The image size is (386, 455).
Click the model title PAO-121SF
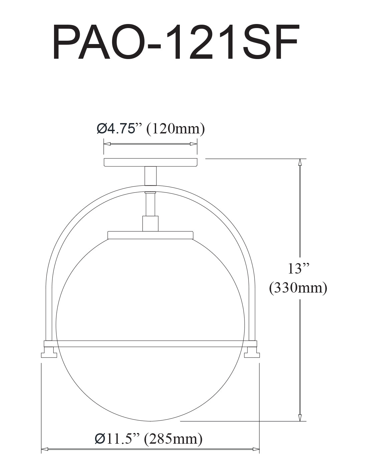coord(175,42)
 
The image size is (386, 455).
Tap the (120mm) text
coord(175,129)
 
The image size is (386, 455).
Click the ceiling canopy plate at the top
coord(150,162)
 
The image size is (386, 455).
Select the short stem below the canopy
coord(150,176)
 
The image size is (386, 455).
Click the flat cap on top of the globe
coord(150,235)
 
